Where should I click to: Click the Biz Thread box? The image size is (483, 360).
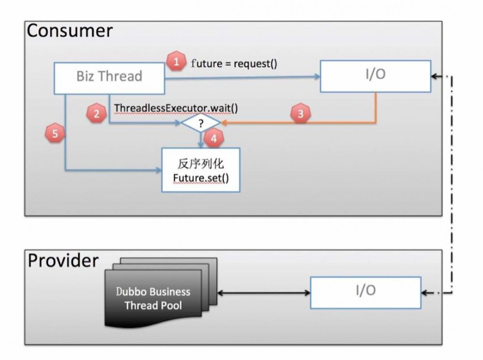pyautogui.click(x=110, y=76)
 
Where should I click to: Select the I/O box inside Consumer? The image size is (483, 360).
pyautogui.click(x=375, y=76)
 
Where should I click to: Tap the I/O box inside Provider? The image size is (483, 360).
pyautogui.click(x=365, y=292)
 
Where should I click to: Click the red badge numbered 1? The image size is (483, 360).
pyautogui.click(x=176, y=61)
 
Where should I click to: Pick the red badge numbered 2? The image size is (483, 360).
pyautogui.click(x=97, y=114)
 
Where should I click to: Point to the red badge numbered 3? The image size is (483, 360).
pyautogui.click(x=300, y=114)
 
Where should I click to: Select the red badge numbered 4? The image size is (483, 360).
pyautogui.click(x=214, y=138)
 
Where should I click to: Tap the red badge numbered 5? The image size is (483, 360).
pyautogui.click(x=55, y=134)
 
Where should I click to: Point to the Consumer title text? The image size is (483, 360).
pyautogui.click(x=70, y=31)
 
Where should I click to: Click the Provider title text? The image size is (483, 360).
pyautogui.click(x=63, y=260)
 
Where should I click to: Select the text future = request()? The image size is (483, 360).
pyautogui.click(x=234, y=63)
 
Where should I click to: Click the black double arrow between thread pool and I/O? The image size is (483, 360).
pyautogui.click(x=263, y=292)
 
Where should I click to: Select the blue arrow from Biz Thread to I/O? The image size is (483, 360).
pyautogui.click(x=241, y=76)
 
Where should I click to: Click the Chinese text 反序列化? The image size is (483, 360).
pyautogui.click(x=200, y=164)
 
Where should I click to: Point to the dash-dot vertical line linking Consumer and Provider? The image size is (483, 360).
pyautogui.click(x=453, y=183)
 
